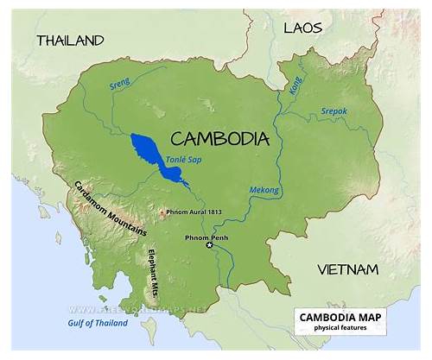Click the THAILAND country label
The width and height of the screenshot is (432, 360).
[x=70, y=41]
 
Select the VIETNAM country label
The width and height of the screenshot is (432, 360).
[x=347, y=269]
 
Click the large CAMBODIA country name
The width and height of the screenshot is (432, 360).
[x=220, y=138]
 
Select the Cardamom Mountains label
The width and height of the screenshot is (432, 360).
[x=109, y=207]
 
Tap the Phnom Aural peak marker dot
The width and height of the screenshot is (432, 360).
[x=162, y=212]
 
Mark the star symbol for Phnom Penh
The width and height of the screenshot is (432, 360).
[x=208, y=246]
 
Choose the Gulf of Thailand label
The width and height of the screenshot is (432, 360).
[x=97, y=323]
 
